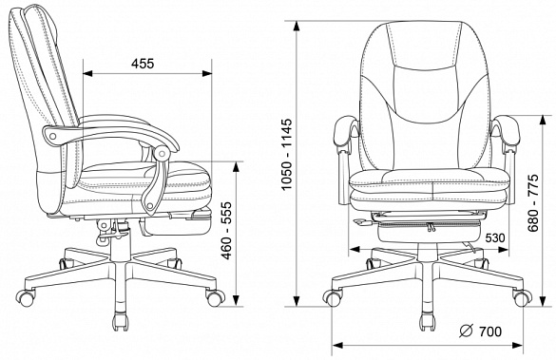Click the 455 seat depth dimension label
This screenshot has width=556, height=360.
click(x=143, y=64)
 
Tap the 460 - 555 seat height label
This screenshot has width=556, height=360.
click(x=226, y=231)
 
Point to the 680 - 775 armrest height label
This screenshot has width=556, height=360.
click(x=532, y=203)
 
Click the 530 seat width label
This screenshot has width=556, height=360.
click(x=495, y=238)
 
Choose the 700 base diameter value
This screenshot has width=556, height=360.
click(x=490, y=332)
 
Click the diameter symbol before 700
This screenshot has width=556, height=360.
click(x=467, y=331)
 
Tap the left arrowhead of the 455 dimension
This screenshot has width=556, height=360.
click(x=87, y=73)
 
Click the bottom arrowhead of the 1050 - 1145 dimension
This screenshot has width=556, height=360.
click(x=297, y=301)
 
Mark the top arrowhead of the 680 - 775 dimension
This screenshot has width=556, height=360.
click(x=543, y=120)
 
